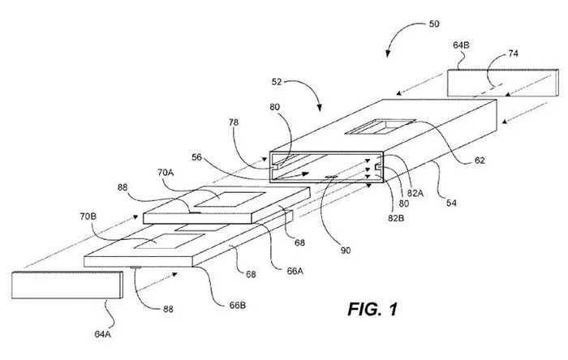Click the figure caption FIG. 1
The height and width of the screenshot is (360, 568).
tap(372, 309)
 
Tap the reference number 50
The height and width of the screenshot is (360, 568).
tap(434, 24)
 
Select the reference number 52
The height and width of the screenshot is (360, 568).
tap(277, 82)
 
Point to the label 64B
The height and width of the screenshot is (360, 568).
tap(461, 45)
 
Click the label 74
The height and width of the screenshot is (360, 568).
tap(513, 54)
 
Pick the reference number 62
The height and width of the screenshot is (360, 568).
tap(480, 161)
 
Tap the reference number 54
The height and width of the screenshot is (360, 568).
tap(451, 203)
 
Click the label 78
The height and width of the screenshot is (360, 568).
tap(234, 122)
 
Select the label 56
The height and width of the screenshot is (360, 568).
tap(196, 157)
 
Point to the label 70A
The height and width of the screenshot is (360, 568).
tap(166, 173)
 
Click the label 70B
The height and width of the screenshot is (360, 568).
tap(88, 216)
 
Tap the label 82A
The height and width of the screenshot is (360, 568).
tap(415, 193)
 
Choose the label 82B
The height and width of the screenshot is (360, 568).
tap(396, 218)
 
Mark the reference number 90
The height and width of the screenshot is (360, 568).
tap(346, 251)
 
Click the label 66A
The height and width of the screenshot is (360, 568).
tap(295, 271)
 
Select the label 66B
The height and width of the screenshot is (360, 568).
tap(238, 306)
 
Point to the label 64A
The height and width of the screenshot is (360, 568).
tap(102, 334)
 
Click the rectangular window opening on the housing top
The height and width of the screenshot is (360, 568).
tap(380, 126)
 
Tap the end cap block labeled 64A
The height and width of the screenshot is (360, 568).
tap(67, 285)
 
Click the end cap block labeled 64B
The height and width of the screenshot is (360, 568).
tap(503, 83)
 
